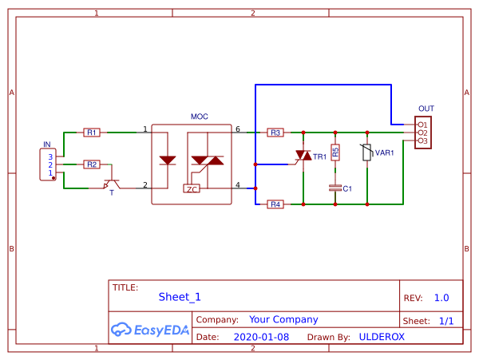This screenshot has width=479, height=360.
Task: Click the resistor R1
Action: coord(92,133)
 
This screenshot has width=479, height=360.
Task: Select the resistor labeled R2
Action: coord(92,164)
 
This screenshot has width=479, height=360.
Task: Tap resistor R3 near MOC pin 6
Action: coord(275,133)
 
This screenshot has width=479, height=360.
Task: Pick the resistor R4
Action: coord(275,204)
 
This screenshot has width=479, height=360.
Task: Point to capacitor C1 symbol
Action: coord(335,188)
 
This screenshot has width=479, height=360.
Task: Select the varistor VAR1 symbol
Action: coord(366,152)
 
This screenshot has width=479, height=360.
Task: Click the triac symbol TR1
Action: coord(303,156)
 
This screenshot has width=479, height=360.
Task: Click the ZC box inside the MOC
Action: coord(192,189)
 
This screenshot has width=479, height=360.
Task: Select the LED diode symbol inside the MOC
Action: coord(168,160)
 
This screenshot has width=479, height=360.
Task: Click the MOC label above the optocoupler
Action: coord(199,117)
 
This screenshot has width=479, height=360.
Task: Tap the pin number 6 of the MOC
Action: coord(237,129)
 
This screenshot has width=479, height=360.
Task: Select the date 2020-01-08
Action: coord(262,337)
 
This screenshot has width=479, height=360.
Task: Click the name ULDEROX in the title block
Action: coord(382,337)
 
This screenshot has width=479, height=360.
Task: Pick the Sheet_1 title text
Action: coord(180,297)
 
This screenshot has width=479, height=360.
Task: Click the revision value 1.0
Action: coord(441,298)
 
